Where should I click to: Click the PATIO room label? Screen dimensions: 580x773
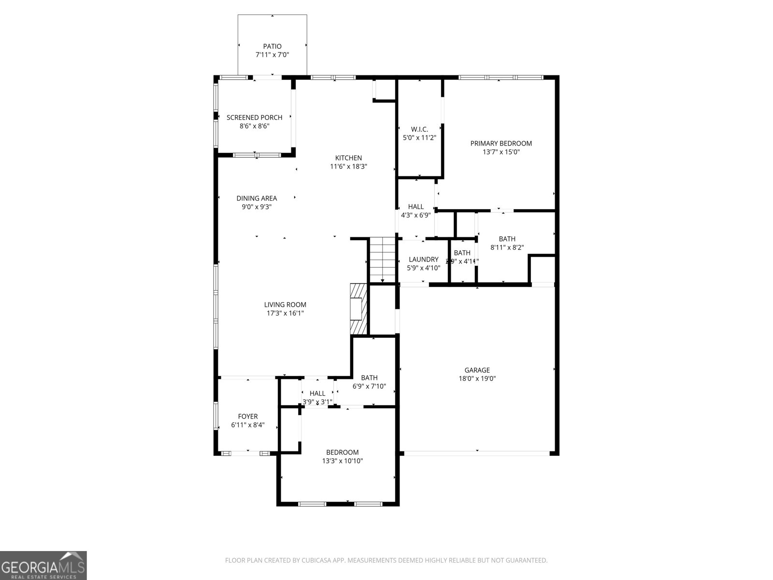(272, 46)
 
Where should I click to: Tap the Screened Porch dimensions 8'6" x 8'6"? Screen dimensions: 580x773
(254, 126)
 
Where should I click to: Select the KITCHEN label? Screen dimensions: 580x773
(348, 158)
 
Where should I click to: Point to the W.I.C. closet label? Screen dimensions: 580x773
(419, 129)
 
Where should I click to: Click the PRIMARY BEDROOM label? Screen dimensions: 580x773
(501, 144)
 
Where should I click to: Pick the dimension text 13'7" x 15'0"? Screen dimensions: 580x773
(501, 152)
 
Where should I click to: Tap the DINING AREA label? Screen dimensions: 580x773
(257, 198)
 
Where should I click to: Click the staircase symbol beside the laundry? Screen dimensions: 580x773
(383, 260)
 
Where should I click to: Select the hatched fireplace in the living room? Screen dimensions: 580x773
(358, 308)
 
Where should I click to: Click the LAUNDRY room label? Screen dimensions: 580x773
(423, 260)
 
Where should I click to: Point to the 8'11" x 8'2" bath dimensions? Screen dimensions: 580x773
(507, 247)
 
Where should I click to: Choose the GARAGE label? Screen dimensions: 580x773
(477, 370)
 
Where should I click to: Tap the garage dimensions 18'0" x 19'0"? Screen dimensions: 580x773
(477, 379)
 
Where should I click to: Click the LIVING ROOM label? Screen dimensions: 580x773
(285, 304)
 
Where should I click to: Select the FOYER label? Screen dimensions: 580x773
(247, 417)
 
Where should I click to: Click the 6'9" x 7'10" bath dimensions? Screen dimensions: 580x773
(369, 387)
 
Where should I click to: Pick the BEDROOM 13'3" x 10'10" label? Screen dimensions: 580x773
(342, 452)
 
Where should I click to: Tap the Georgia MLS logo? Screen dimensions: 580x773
(43, 565)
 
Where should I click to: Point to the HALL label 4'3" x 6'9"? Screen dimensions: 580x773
(415, 207)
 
